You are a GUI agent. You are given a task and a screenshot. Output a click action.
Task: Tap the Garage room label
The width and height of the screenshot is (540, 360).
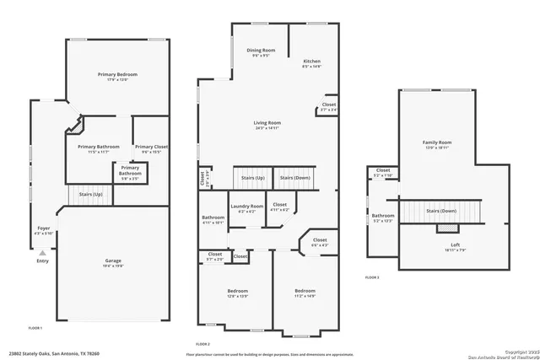pyautogui.click(x=113, y=261)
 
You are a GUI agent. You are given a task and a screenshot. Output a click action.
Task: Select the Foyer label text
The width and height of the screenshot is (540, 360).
pyautogui.click(x=42, y=228)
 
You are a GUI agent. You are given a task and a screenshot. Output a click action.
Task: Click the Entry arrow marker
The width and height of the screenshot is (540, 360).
pyautogui.click(x=42, y=252)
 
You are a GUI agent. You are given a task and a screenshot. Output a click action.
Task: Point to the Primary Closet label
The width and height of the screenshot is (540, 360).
pyautogui.click(x=151, y=147)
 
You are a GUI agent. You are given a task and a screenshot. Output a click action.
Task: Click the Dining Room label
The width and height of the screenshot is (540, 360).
pyautogui.click(x=261, y=51)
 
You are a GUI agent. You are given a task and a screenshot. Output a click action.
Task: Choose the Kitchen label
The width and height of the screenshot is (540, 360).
pyautogui.click(x=312, y=62)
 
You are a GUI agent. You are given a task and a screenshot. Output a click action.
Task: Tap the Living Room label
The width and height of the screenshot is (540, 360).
pyautogui.click(x=267, y=124)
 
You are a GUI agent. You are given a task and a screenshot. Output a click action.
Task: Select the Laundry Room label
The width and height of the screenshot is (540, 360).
pyautogui.click(x=246, y=207)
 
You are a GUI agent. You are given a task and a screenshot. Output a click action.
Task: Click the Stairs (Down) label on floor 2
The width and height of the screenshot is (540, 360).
pyautogui.click(x=295, y=178)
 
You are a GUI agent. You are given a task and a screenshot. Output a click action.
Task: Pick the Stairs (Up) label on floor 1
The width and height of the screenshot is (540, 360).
pyautogui.click(x=91, y=195)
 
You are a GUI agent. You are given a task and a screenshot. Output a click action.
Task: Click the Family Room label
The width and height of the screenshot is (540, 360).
pyautogui.click(x=437, y=143)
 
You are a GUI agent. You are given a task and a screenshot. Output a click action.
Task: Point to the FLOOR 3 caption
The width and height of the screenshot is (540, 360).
pyautogui.click(x=372, y=277)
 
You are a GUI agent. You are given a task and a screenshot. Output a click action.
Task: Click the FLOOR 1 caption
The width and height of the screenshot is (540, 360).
pyautogui.click(x=35, y=327)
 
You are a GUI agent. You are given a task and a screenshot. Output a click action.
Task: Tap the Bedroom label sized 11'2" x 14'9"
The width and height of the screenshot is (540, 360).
pyautogui.click(x=305, y=292)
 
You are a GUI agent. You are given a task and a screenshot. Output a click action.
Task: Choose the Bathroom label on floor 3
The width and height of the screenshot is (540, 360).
pyautogui.click(x=383, y=217)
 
